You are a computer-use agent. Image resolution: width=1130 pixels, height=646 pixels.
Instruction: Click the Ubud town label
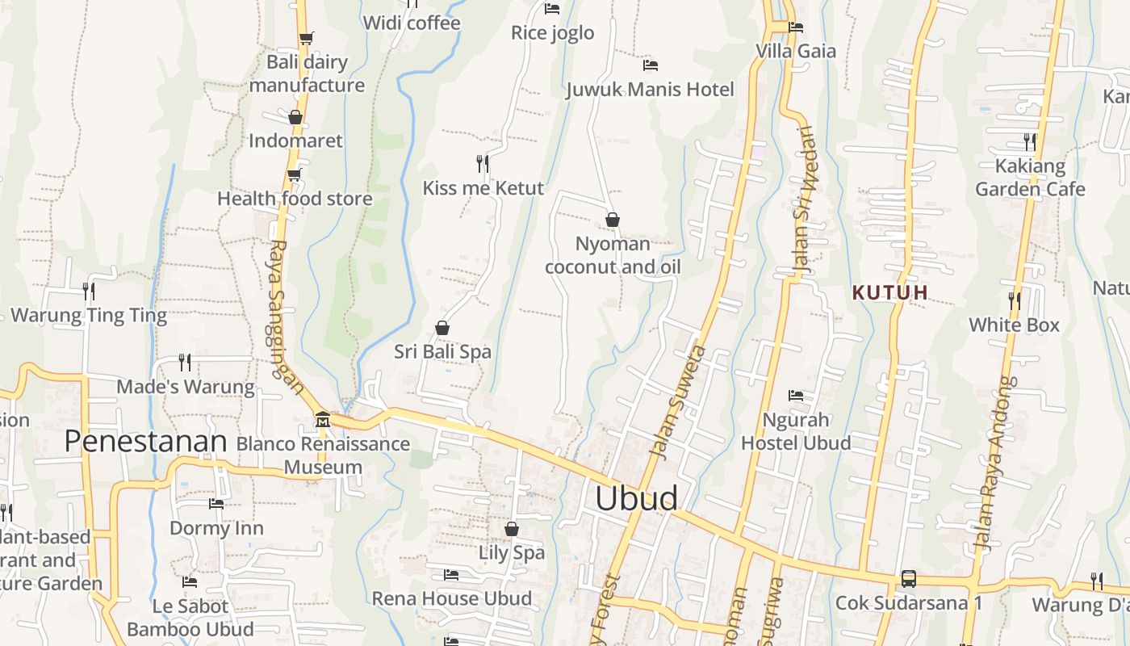(x=636, y=498)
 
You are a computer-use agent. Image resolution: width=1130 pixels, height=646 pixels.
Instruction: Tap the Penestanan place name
(x=145, y=441)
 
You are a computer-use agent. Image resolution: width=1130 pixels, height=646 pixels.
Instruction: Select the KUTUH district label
(x=890, y=292)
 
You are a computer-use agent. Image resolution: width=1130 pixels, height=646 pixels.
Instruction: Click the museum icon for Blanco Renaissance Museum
(x=323, y=420)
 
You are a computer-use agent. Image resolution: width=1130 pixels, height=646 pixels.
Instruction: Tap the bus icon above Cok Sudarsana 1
(x=909, y=579)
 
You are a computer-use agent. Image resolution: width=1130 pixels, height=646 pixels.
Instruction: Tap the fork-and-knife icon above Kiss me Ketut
(x=483, y=164)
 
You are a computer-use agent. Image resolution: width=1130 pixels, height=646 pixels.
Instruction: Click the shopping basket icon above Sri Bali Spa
(x=442, y=328)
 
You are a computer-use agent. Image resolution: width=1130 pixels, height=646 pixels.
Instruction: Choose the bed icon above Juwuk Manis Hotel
(x=650, y=65)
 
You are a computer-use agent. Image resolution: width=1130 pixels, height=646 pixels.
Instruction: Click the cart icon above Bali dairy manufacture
(x=306, y=38)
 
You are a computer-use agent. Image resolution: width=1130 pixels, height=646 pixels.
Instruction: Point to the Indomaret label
(x=295, y=141)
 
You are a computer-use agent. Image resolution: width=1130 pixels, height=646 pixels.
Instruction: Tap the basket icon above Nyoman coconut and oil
(x=613, y=220)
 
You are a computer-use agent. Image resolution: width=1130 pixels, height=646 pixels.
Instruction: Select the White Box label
(x=1014, y=325)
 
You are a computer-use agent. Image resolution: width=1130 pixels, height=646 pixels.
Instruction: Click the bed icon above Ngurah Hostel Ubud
(x=796, y=396)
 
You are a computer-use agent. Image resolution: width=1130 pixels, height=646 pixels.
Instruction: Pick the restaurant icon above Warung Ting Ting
(x=89, y=291)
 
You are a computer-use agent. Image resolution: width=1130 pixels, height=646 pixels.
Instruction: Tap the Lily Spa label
(x=512, y=553)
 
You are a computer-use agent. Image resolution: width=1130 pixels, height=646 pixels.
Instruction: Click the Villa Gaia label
(x=796, y=51)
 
